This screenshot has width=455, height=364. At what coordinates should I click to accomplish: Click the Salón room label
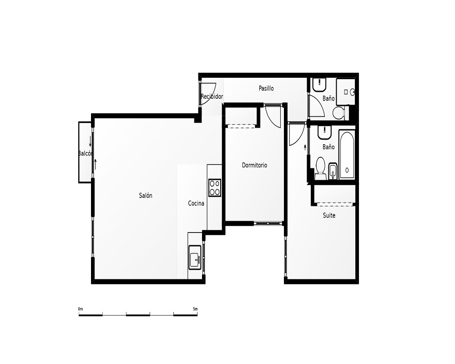[146, 196]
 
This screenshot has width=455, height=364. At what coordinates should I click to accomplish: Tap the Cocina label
[196, 203]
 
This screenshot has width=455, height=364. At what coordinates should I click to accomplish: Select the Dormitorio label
[254, 165]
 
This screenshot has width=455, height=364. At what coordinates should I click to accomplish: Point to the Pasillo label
[266, 88]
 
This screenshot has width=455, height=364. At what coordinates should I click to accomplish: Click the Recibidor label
[212, 96]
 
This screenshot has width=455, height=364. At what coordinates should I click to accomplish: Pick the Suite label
[329, 215]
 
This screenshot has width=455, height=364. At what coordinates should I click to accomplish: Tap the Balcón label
[86, 153]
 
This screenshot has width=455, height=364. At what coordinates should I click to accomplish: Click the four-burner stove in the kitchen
[215, 188]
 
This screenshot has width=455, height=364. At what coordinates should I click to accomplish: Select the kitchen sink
[195, 258]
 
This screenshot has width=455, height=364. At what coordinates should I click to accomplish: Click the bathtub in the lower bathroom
[347, 155]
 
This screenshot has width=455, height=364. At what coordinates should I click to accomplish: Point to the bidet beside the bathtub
[333, 171]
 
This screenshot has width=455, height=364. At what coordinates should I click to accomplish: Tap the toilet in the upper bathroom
[339, 113]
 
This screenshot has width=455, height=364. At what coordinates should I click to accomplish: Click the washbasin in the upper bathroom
[319, 84]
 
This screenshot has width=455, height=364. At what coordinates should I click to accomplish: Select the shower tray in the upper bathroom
[346, 92]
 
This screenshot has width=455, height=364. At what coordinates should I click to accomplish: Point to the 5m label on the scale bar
[195, 309]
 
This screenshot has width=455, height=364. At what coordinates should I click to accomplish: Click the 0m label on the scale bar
[81, 309]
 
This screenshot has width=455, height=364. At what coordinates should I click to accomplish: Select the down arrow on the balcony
[90, 142]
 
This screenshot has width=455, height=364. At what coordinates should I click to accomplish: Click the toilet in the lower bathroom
[320, 168]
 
